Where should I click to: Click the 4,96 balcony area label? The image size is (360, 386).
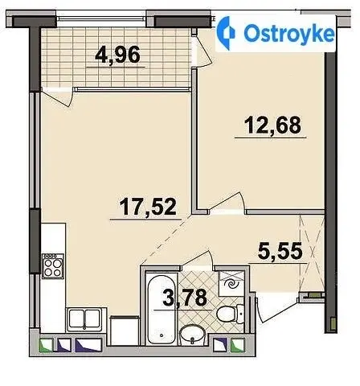click(x=117, y=55)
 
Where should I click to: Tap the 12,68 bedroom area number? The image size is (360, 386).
click(x=272, y=125)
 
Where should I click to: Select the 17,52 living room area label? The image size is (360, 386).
click(x=148, y=207)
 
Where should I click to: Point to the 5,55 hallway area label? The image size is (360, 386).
click(x=280, y=251)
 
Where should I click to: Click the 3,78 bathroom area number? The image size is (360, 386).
click(x=185, y=298)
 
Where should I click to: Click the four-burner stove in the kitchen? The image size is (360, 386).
click(x=53, y=266)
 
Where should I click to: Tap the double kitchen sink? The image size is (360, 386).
click(x=84, y=318)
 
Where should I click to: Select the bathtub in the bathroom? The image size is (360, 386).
click(x=162, y=308)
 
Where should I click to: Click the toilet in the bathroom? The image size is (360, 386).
click(x=230, y=313)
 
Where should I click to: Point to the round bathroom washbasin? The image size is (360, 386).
click(x=192, y=335)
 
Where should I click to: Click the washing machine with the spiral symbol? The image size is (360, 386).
click(x=231, y=284)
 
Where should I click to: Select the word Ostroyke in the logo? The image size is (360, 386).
click(x=289, y=34)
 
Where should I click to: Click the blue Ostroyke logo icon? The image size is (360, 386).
click(x=226, y=33)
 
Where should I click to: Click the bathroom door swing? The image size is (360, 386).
click(x=199, y=259)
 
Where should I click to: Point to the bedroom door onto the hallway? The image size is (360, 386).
click(x=227, y=203)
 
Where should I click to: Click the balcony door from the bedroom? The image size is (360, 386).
click(x=203, y=51)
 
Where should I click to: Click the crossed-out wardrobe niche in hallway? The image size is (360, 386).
click(x=313, y=253)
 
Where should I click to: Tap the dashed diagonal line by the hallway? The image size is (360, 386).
click(x=166, y=239)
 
